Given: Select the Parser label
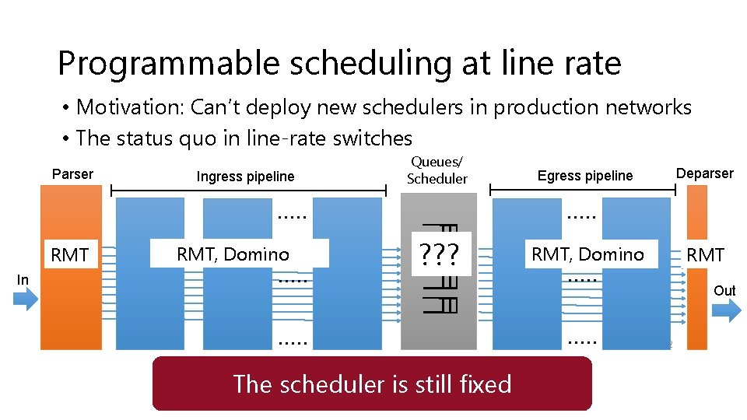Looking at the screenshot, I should (72, 174).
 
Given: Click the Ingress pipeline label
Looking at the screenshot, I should (245, 177).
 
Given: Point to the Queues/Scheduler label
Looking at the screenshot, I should (437, 170).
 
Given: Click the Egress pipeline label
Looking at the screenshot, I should (585, 176).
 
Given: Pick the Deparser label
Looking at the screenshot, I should (704, 173).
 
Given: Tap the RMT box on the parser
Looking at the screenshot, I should (70, 255).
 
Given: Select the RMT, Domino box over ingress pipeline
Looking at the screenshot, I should (233, 254).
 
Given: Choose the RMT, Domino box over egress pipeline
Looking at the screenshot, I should (587, 254).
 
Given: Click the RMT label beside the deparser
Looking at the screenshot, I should (705, 255).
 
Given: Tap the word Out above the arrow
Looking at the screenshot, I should (724, 290).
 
